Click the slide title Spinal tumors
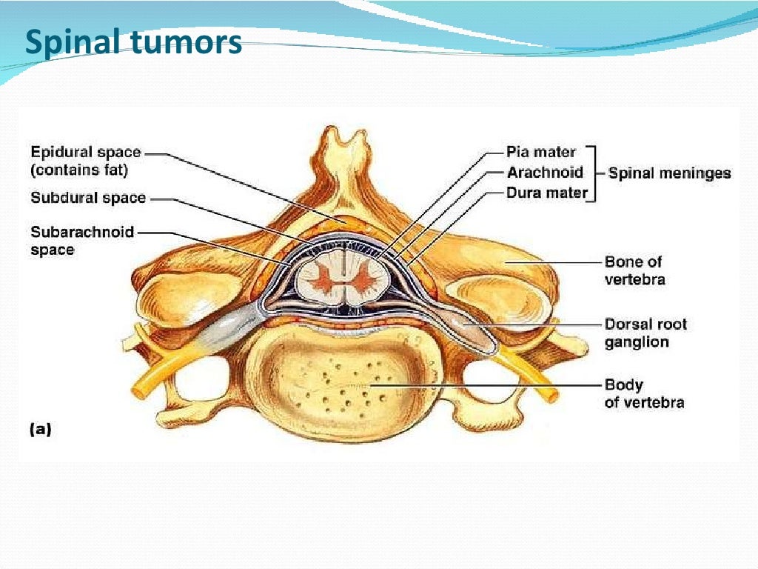click(133, 43)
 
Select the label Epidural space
click(85, 153)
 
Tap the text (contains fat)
click(79, 170)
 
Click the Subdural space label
click(88, 199)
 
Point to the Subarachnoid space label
click(81, 241)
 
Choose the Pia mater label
click(540, 153)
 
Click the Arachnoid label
click(545, 173)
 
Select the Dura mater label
click(547, 193)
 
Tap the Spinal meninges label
click(669, 173)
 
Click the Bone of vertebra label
click(634, 270)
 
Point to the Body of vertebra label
click(643, 393)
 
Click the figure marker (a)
click(40, 429)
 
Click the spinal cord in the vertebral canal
click(341, 279)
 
